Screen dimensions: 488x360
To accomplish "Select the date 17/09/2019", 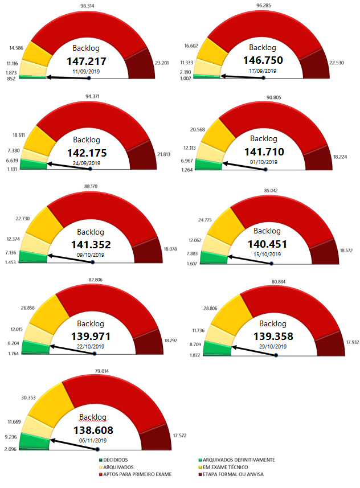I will pos(263,71).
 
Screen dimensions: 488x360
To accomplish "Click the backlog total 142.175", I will pos(87,152).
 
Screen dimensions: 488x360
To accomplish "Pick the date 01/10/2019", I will pos(264,162).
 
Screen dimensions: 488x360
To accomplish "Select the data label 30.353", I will pos(22,399).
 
